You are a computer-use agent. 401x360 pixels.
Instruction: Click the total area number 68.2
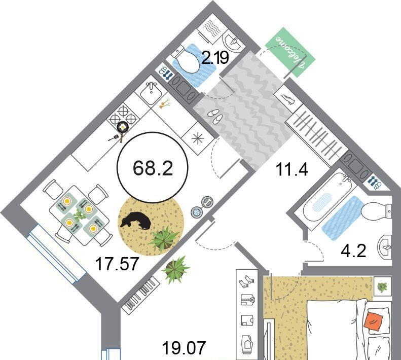click(x=153, y=168)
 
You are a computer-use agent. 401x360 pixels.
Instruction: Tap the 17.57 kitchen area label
click(x=117, y=264)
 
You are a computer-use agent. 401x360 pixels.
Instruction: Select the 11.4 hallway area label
click(x=292, y=169)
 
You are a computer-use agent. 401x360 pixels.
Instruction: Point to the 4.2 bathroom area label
click(x=354, y=251)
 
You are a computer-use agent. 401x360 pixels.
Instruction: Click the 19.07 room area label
click(x=184, y=348)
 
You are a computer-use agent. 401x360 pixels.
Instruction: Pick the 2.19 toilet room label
click(x=215, y=58)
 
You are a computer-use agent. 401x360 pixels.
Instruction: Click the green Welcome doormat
click(x=290, y=52)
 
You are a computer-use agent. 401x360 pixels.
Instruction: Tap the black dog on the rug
click(x=135, y=220)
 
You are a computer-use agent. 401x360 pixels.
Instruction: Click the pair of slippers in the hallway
click(x=215, y=115)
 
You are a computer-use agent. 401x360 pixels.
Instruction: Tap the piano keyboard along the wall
click(x=140, y=294)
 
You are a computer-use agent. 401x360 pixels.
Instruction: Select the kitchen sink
click(x=151, y=93)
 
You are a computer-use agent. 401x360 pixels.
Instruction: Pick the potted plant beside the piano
click(x=175, y=269)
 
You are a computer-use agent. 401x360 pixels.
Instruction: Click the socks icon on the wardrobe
click(x=247, y=281)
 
